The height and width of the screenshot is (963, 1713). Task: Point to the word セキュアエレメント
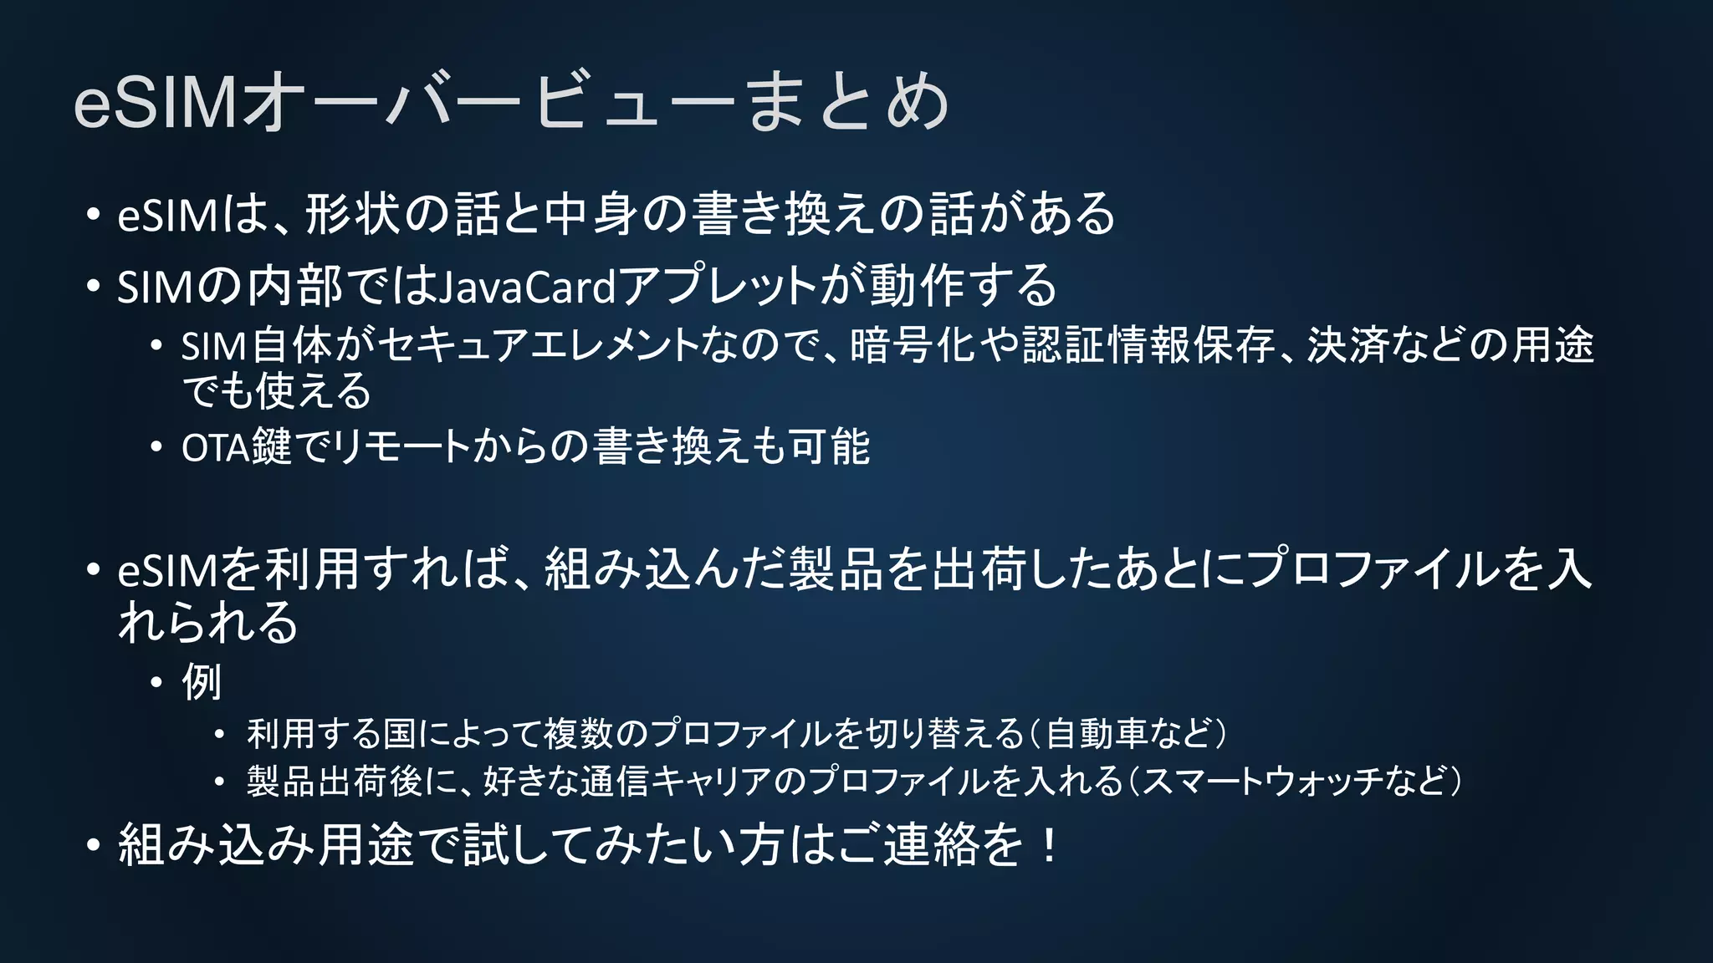pyautogui.click(x=538, y=346)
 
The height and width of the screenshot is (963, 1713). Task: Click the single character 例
pyautogui.click(x=202, y=683)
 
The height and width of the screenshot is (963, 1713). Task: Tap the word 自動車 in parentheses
pyautogui.click(x=1097, y=734)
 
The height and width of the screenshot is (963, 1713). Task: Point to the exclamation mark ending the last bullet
pyautogui.click(x=1047, y=845)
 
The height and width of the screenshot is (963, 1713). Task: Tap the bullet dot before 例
pyautogui.click(x=156, y=684)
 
